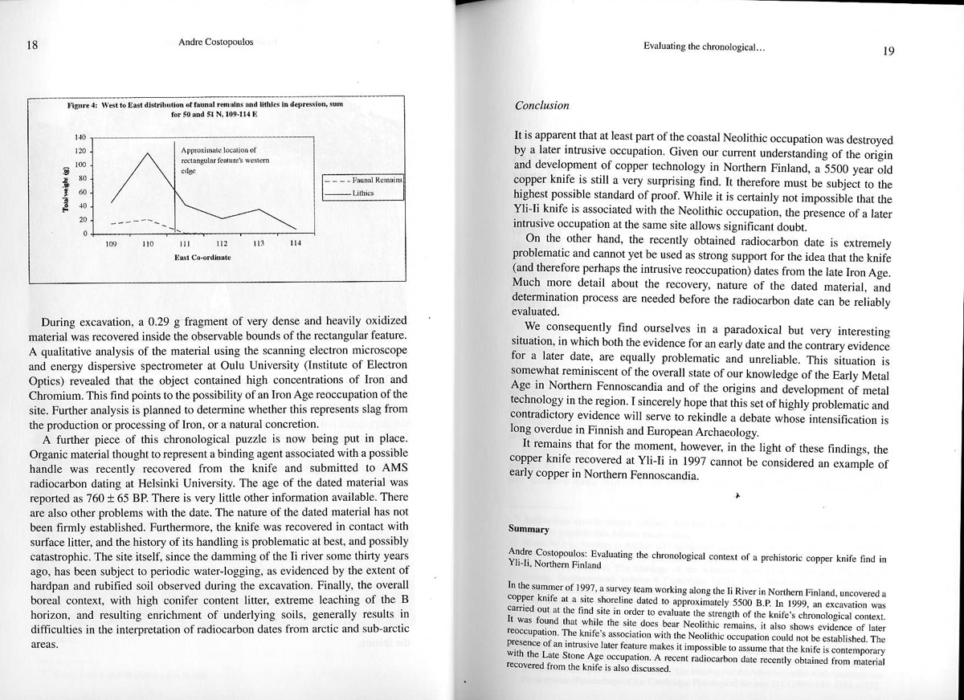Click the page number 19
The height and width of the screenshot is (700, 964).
pyautogui.click(x=888, y=51)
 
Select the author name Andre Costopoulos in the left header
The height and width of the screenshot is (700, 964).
pyautogui.click(x=215, y=42)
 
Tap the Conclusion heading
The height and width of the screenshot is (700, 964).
pyautogui.click(x=541, y=105)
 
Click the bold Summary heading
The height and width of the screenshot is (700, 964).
pyautogui.click(x=529, y=529)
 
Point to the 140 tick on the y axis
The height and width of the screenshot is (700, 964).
pyautogui.click(x=80, y=138)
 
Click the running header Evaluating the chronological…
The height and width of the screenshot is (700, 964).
pyautogui.click(x=704, y=47)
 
